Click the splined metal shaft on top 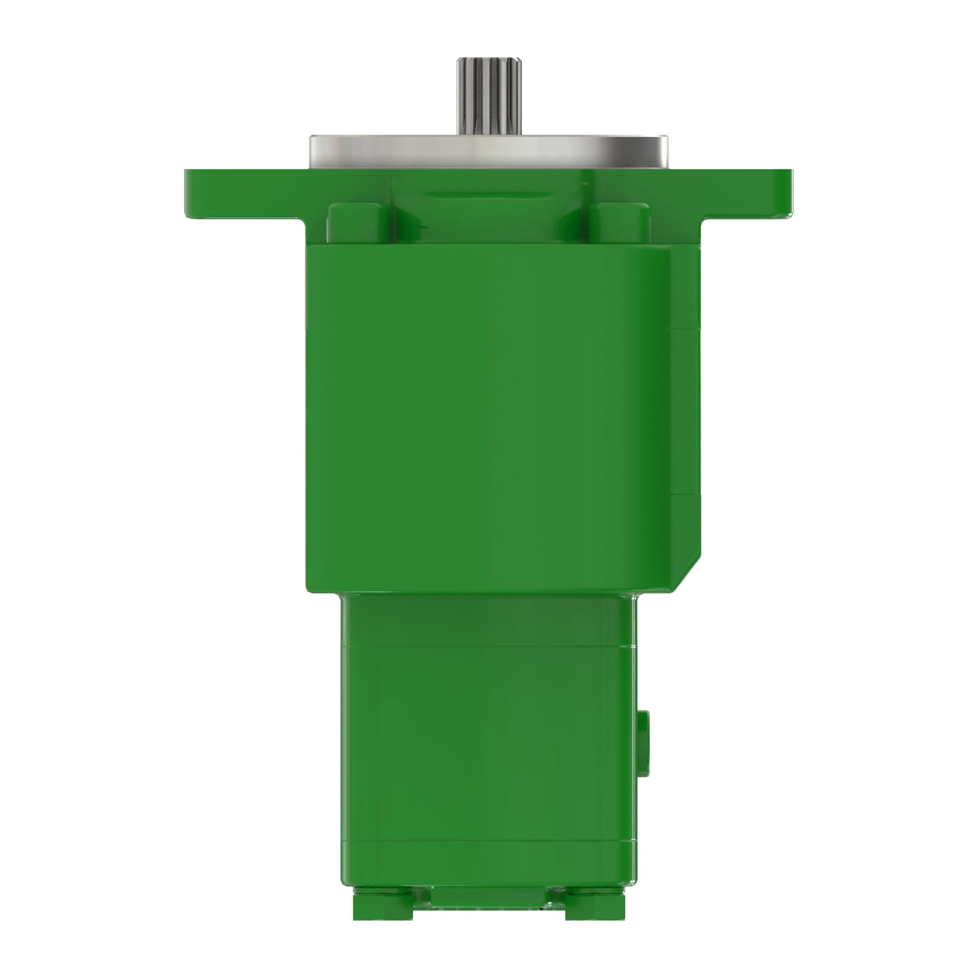point(489,96)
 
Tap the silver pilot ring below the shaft point(489,152)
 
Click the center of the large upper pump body point(489,415)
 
